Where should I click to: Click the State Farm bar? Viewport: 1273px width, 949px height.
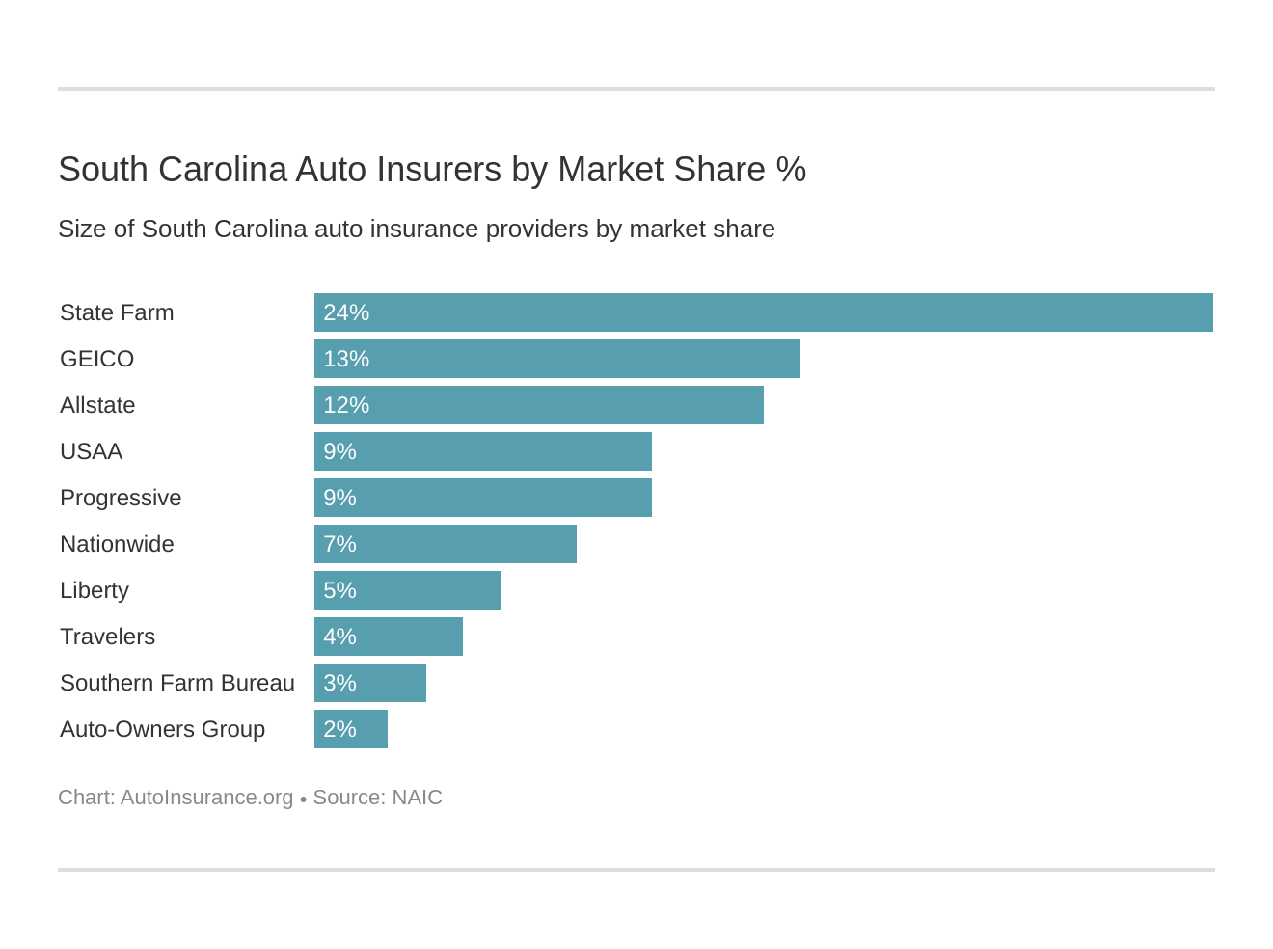763,312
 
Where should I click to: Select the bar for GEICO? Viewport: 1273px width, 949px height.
556,359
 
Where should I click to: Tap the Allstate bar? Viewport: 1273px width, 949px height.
538,405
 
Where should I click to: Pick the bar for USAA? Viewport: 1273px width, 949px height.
482,451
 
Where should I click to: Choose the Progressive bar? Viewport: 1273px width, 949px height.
482,498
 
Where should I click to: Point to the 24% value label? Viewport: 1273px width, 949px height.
346,312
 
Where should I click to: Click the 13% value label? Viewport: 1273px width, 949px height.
346,359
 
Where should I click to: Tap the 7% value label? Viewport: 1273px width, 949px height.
339,544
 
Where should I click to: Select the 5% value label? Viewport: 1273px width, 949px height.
339,590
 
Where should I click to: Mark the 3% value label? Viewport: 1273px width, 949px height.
339,683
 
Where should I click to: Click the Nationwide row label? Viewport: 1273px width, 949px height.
117,544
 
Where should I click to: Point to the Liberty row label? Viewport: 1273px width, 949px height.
94,590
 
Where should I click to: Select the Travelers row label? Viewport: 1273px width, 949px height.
107,637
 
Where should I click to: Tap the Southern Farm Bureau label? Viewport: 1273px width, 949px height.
176,683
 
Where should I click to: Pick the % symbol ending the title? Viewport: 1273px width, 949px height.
791,170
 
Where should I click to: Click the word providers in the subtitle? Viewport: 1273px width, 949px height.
537,230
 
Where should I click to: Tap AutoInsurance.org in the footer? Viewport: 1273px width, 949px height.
206,798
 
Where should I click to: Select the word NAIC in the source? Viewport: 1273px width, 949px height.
417,798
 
